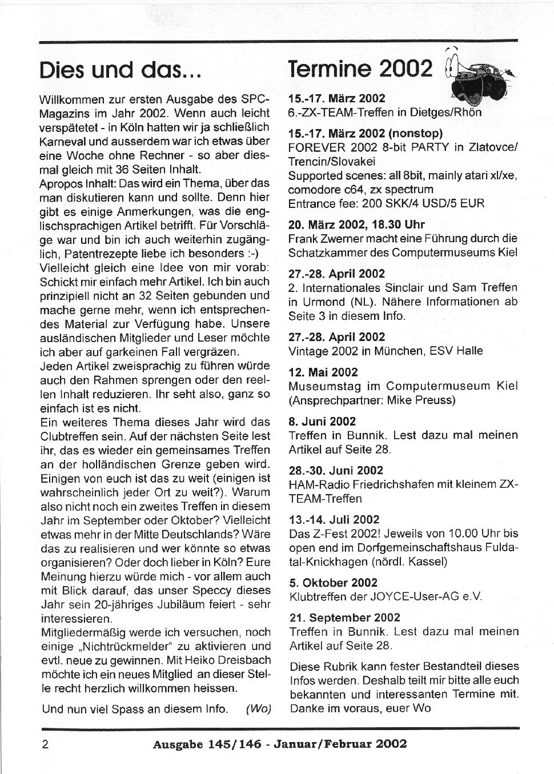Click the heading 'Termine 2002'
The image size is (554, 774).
click(x=360, y=69)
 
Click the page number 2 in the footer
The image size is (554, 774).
click(x=44, y=744)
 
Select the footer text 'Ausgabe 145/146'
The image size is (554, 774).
click(x=207, y=744)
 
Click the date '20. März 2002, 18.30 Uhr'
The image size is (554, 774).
click(x=356, y=224)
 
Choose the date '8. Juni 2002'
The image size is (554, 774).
click(x=322, y=421)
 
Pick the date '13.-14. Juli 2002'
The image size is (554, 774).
click(x=334, y=519)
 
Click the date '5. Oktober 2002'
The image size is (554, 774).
click(x=334, y=583)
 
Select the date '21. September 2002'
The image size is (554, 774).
click(x=345, y=617)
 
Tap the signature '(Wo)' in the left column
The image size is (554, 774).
click(x=258, y=709)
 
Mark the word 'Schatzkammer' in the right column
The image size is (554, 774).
click(x=324, y=252)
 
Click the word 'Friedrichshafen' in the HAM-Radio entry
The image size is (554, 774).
click(x=395, y=484)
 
